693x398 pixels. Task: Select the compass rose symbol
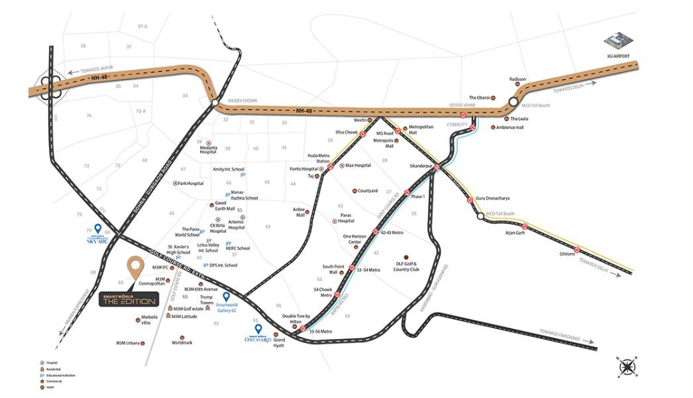(x=626, y=366)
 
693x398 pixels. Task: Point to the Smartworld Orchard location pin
(x=258, y=328)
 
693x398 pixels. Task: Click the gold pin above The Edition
(x=136, y=267)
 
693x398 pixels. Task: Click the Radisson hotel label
(x=517, y=79)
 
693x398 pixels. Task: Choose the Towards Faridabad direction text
(x=559, y=331)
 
